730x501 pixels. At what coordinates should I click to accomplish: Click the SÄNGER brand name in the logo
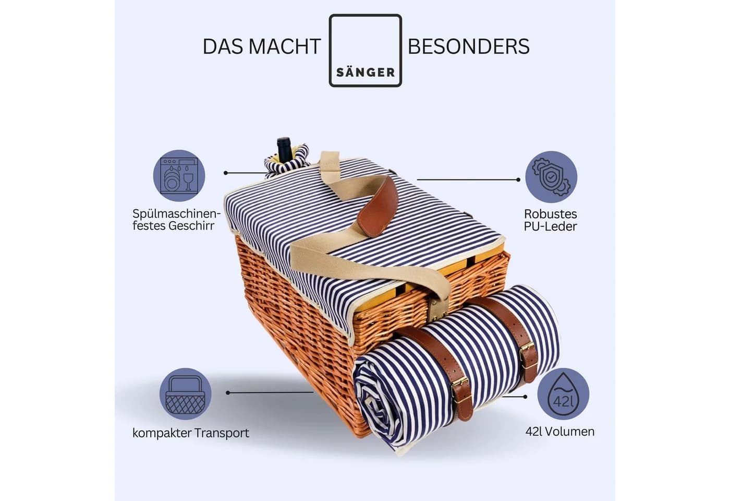[x=366, y=73]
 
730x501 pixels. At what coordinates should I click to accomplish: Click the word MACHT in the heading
[x=287, y=46]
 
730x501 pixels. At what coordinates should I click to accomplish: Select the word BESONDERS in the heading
[x=469, y=46]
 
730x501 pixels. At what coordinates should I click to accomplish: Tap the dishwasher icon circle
[x=179, y=176]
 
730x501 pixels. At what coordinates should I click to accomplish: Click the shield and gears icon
[x=551, y=177]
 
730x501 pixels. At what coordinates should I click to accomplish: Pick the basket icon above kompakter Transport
[x=186, y=393]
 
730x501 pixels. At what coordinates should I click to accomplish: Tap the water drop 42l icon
[x=563, y=394]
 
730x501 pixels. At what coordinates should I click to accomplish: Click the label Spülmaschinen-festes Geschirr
[x=176, y=220]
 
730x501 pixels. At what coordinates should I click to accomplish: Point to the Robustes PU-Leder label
[x=551, y=220]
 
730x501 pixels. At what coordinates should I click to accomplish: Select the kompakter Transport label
[x=191, y=433]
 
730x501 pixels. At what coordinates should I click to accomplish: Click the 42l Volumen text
[x=560, y=432]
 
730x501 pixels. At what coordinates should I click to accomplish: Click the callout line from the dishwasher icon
[x=246, y=173]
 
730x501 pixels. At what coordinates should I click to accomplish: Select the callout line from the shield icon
[x=469, y=180]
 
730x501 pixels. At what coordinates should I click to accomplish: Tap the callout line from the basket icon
[x=270, y=392]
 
